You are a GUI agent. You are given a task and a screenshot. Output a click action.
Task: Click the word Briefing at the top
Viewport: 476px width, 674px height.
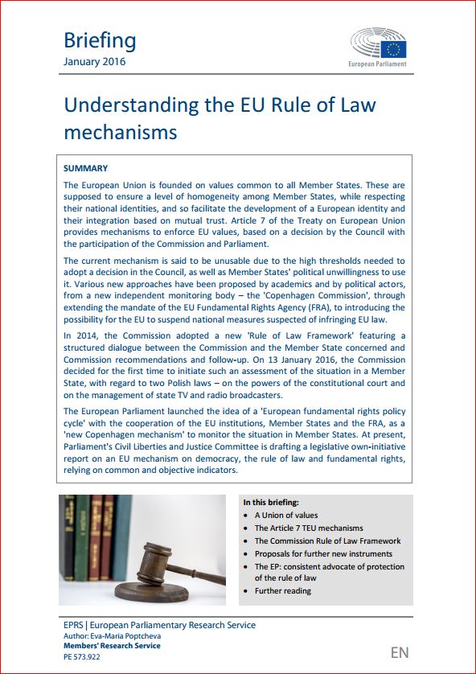[x=100, y=40]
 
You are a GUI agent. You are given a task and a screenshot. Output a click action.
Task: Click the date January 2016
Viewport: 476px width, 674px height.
[x=94, y=62]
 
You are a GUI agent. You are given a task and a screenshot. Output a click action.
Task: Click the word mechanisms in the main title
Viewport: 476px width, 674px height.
[x=121, y=131]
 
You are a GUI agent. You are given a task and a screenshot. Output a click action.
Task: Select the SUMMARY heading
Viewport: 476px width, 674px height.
[x=85, y=169]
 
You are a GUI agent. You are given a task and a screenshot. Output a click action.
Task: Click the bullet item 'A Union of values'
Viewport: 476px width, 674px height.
[x=286, y=516]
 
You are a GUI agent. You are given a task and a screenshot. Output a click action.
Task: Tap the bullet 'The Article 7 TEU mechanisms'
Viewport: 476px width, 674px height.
[x=309, y=528]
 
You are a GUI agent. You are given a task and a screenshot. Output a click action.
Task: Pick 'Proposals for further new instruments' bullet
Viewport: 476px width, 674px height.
[x=323, y=554]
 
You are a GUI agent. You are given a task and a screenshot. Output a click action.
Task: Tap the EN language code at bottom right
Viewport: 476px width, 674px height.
[x=400, y=652]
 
